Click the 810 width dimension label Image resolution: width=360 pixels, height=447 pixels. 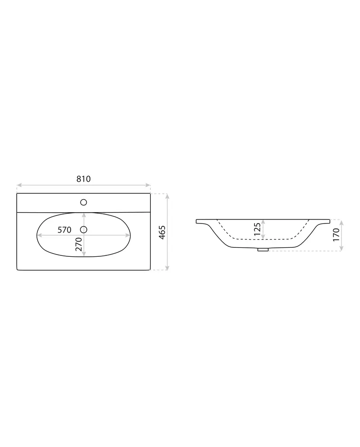pos(84,179)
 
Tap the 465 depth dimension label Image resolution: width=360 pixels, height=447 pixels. pos(162,232)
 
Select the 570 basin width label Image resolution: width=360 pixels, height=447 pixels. pos(64,230)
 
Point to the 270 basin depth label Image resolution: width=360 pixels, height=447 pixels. pos(79,244)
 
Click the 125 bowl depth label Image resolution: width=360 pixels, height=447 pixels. pos(257,230)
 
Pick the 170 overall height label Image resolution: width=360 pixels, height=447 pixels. pos(336,235)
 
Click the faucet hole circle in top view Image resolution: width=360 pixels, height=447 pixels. pos(84,202)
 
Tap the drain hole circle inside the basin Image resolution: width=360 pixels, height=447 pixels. pos(84,229)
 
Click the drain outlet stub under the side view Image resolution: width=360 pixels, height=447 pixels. pos(263,250)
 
